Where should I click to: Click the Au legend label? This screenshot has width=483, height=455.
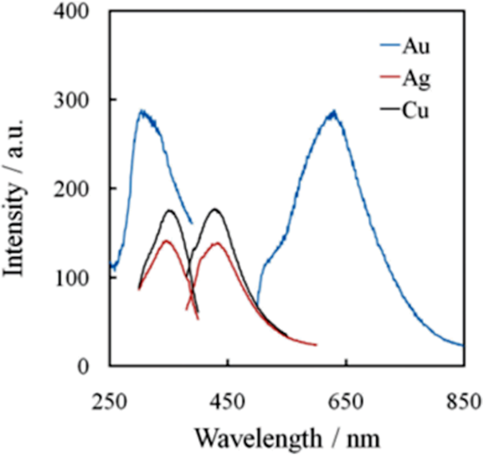click(x=416, y=47)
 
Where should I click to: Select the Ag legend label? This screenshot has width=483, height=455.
click(x=416, y=79)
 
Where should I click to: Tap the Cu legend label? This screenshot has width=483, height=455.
click(x=416, y=111)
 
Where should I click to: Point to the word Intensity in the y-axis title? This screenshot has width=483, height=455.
click(x=17, y=228)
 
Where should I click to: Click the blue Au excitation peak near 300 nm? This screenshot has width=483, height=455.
click(x=142, y=112)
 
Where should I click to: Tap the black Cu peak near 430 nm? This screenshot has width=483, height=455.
click(x=216, y=209)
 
